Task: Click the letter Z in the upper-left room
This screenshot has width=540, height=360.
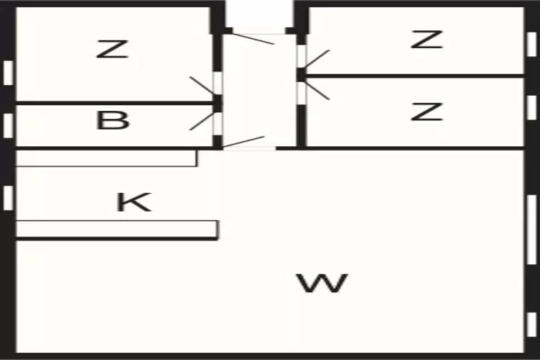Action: (112, 50)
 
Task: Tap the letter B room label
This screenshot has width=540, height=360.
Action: (112, 120)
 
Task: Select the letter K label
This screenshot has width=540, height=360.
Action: (134, 202)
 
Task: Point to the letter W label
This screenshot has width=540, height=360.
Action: (323, 283)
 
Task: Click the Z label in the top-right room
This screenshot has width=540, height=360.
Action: (426, 40)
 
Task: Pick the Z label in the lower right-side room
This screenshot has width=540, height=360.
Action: (426, 112)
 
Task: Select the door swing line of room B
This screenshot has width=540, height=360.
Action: (202, 121)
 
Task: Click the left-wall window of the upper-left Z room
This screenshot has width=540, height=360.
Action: (8, 72)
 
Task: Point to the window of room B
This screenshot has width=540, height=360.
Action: (8, 125)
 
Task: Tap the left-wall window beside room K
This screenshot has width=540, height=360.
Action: (8, 197)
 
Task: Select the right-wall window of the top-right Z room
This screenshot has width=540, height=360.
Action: (531, 43)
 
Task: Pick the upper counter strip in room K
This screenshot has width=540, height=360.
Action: (106, 158)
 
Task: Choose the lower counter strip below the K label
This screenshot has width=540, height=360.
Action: (116, 229)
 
